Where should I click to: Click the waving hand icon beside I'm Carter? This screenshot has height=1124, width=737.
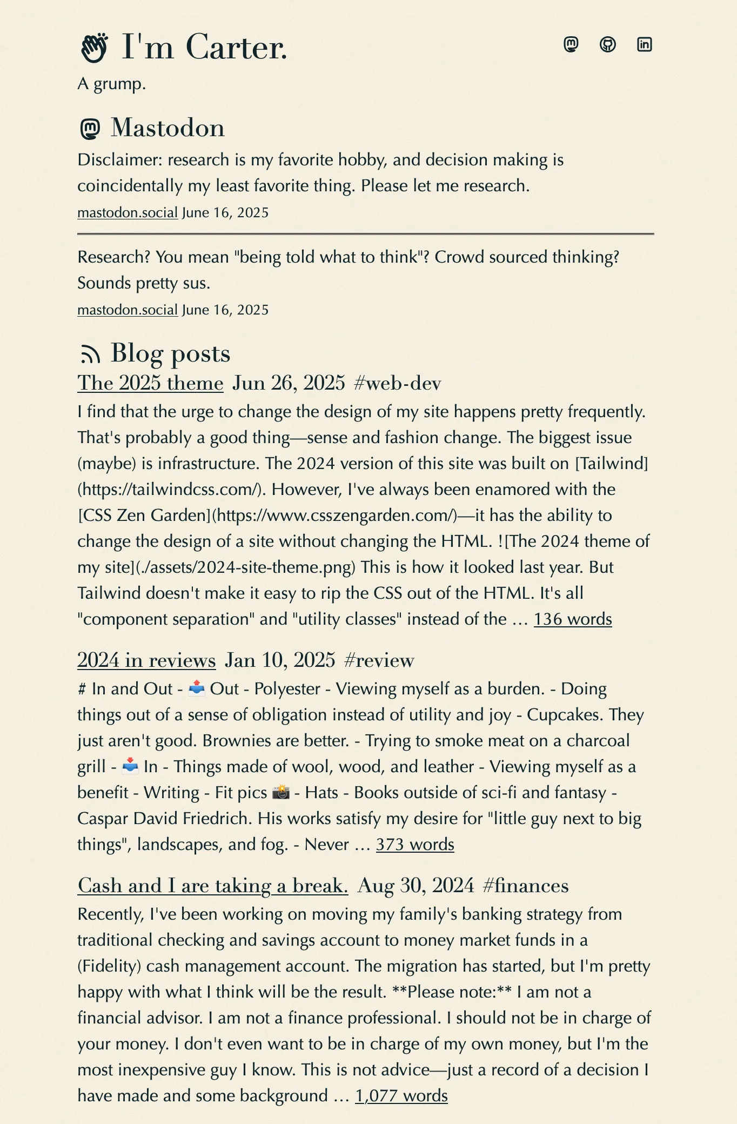[94, 48]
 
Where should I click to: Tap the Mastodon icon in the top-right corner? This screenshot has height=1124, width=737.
[571, 44]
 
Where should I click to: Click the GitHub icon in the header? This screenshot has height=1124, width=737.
[608, 44]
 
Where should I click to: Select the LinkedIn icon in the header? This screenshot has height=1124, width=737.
[645, 44]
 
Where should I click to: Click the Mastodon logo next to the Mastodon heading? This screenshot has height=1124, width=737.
[90, 129]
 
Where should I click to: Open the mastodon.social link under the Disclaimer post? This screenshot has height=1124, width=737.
[128, 212]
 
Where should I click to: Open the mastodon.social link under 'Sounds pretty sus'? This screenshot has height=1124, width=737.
[128, 310]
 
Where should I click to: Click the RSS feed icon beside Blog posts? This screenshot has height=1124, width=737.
[90, 354]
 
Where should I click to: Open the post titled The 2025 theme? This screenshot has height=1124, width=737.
[150, 383]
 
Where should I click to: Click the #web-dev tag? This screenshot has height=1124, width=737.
[397, 383]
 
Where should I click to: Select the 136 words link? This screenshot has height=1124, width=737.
[573, 619]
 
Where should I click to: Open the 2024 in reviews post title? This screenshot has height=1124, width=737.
[146, 660]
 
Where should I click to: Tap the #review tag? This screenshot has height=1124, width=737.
[379, 660]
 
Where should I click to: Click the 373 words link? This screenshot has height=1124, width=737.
[415, 845]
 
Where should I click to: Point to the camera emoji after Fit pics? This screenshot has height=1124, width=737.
[281, 793]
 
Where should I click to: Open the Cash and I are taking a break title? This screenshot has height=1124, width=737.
[213, 886]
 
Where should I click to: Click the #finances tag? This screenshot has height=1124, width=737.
[525, 886]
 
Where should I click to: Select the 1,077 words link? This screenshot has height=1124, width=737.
[401, 1096]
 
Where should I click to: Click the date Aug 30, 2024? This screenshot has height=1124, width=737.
[416, 886]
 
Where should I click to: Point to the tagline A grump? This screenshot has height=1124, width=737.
[112, 84]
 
